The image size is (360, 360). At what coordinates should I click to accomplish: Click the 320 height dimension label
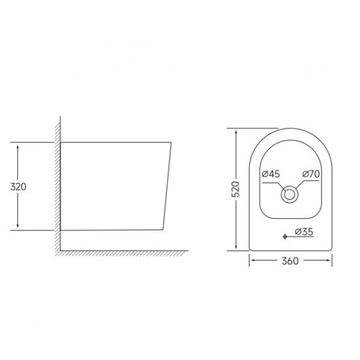point(20,186)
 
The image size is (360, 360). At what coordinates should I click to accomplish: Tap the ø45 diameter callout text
point(270,174)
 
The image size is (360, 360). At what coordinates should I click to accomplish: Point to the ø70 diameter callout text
point(311,174)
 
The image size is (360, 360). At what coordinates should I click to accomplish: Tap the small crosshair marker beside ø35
point(284,235)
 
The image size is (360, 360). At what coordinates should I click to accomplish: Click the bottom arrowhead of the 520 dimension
point(236,247)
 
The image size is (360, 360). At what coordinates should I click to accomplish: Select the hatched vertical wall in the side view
point(59,183)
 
